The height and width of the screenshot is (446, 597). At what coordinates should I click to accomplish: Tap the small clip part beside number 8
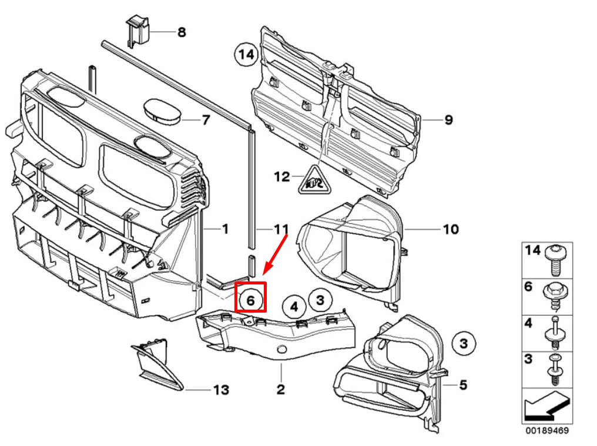(x=136, y=31)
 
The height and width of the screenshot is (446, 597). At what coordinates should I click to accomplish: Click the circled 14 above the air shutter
(x=247, y=55)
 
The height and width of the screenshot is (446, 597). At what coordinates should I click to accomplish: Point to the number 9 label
(x=448, y=120)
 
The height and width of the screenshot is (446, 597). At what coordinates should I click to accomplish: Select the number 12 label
(x=282, y=176)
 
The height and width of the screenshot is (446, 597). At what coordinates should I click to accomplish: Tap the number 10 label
(x=450, y=229)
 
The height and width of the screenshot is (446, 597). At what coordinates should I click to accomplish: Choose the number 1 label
(x=224, y=228)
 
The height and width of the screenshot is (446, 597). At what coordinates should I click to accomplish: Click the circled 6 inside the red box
(x=250, y=300)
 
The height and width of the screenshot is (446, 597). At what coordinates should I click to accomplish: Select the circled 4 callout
(x=294, y=306)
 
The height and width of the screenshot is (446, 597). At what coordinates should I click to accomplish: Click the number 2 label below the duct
(x=281, y=389)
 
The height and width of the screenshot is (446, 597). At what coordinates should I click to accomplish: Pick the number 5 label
(x=463, y=385)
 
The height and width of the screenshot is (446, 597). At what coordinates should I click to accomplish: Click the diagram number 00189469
(x=546, y=430)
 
